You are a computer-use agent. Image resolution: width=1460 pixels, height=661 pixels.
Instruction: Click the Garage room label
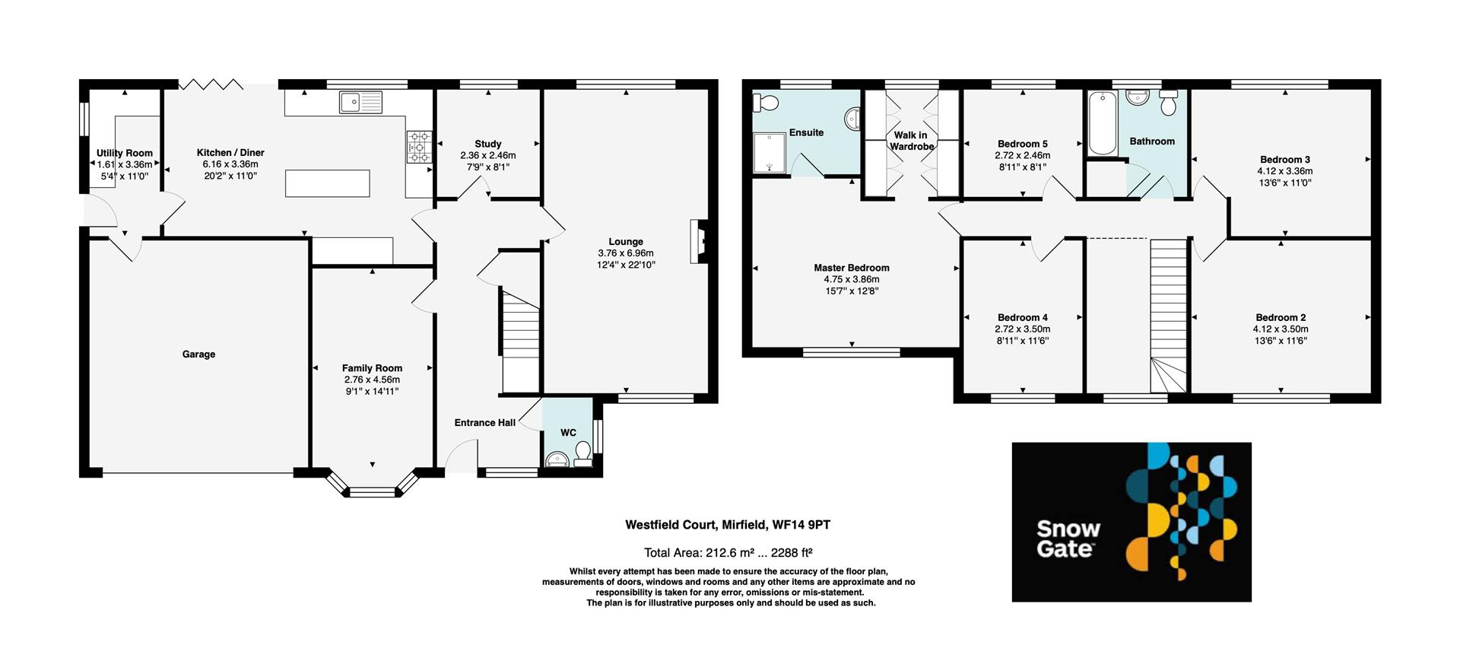click(198, 354)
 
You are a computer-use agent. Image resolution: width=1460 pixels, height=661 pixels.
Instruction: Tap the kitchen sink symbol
click(361, 102)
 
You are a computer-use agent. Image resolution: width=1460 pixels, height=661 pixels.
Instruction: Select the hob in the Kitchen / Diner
click(419, 147)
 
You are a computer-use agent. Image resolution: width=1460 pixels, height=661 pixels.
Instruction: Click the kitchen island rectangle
click(328, 184)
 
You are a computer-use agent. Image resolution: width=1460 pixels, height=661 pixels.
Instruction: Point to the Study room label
click(487, 144)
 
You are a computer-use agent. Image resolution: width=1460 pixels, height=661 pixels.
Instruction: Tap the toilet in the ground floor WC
click(583, 456)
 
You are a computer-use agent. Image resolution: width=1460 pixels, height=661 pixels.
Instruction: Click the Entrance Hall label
click(485, 423)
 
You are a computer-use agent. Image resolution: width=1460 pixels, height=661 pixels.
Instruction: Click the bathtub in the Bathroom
click(1100, 122)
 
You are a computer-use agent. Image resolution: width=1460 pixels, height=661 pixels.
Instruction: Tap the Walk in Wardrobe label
click(911, 141)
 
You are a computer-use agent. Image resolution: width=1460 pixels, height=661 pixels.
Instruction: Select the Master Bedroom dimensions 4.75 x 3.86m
click(851, 279)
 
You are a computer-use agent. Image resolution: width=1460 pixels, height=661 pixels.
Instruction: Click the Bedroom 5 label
click(1022, 144)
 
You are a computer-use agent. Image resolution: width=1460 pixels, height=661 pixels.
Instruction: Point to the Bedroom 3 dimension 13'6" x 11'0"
click(1284, 183)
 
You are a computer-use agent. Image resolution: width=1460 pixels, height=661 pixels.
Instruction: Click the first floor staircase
click(1167, 312)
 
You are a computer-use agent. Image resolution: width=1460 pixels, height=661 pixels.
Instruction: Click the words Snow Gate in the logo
click(1068, 539)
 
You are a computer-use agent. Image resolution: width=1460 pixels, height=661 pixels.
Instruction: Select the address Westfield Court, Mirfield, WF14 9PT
click(727, 525)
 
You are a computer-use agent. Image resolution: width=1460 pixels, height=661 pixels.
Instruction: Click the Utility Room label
click(125, 153)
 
